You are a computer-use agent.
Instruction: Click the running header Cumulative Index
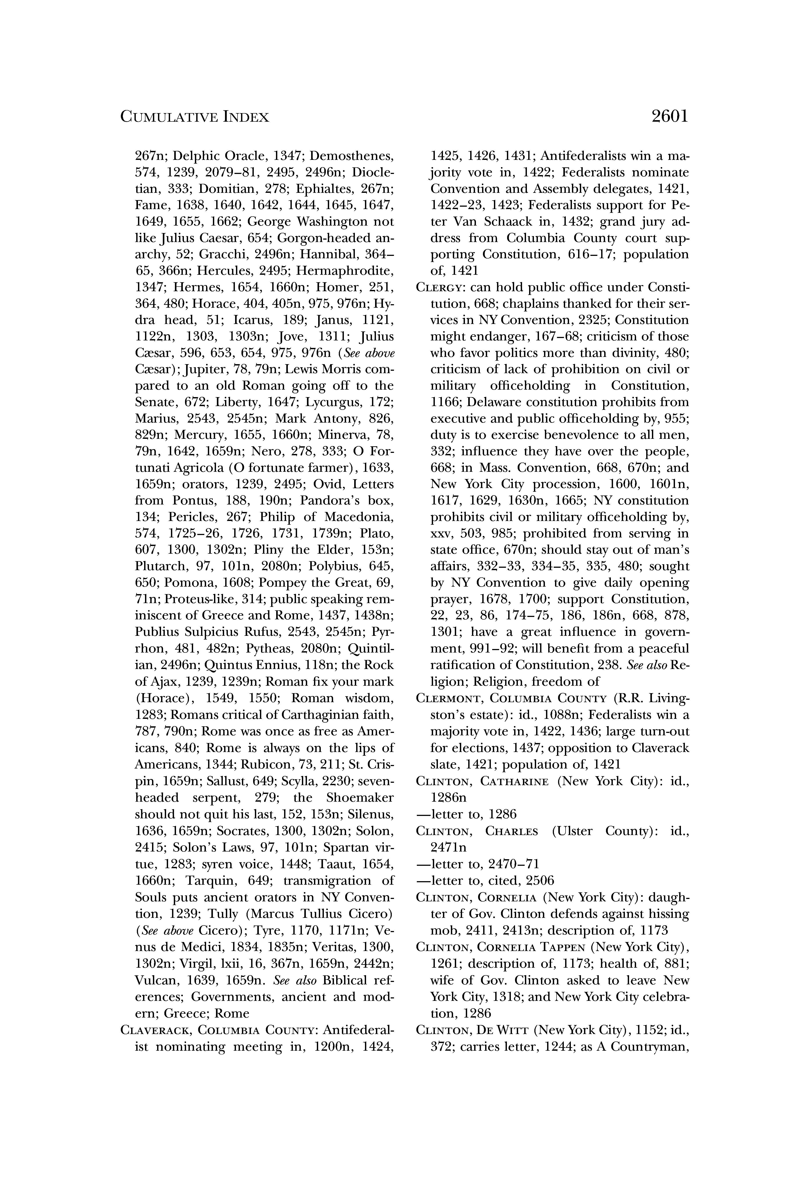coord(195,118)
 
